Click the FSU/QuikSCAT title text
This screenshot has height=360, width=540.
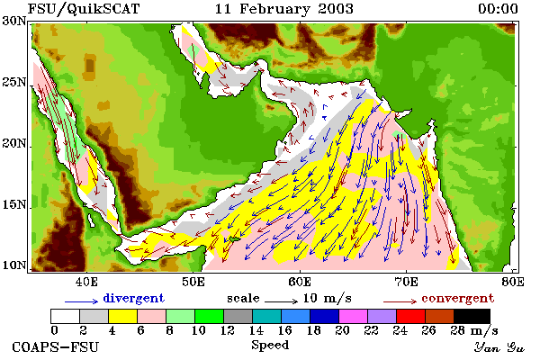coord(84,9)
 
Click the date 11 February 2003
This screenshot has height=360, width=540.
coord(284,9)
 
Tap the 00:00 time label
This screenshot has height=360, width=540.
coord(498,9)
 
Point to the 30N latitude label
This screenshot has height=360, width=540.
coord(14,21)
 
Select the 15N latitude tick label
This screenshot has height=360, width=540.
coord(14,205)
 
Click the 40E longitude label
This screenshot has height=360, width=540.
coord(86,282)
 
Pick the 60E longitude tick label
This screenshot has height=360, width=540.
coord(300,282)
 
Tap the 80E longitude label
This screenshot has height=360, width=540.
coord(513,282)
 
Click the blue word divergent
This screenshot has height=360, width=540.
coord(133,298)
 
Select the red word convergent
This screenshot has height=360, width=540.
coord(458,298)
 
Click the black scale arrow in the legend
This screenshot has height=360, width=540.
coord(281,301)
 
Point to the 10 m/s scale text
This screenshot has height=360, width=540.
coord(328,298)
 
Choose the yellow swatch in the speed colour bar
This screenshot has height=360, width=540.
coord(122,316)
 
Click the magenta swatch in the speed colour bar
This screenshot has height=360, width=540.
coord(353,316)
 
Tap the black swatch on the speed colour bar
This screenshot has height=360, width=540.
coord(472,316)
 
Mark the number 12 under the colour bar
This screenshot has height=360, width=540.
coord(228,330)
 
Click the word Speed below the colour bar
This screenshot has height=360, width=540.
coord(270,346)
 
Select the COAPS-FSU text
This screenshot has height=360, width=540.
coord(55,346)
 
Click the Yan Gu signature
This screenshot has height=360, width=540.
coord(499,347)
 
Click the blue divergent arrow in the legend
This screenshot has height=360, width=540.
coord(82,301)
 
